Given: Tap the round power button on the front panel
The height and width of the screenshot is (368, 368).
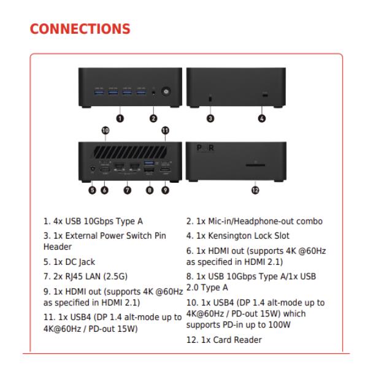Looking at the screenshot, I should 165,92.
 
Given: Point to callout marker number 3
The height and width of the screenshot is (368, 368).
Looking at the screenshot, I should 210,117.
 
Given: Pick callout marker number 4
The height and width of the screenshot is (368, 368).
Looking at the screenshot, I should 264,117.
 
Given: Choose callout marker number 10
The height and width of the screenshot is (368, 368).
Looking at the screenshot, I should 105,130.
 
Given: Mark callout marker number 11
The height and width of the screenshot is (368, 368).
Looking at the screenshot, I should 165,130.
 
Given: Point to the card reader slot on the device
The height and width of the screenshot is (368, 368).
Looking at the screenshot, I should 256,164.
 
